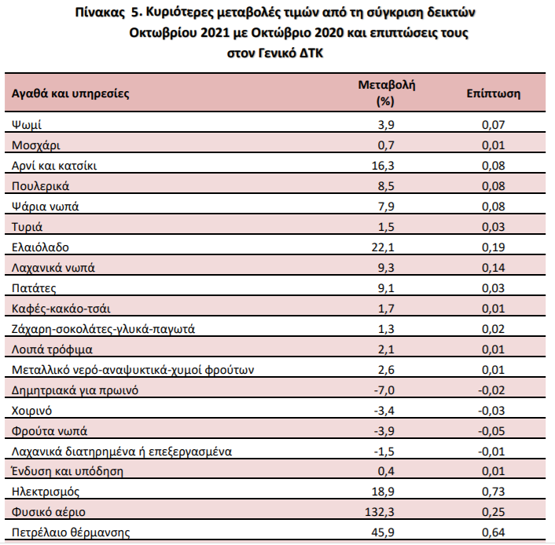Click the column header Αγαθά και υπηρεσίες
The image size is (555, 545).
(x=70, y=94)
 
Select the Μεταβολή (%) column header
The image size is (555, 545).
(x=385, y=93)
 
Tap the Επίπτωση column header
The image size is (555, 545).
(x=493, y=94)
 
